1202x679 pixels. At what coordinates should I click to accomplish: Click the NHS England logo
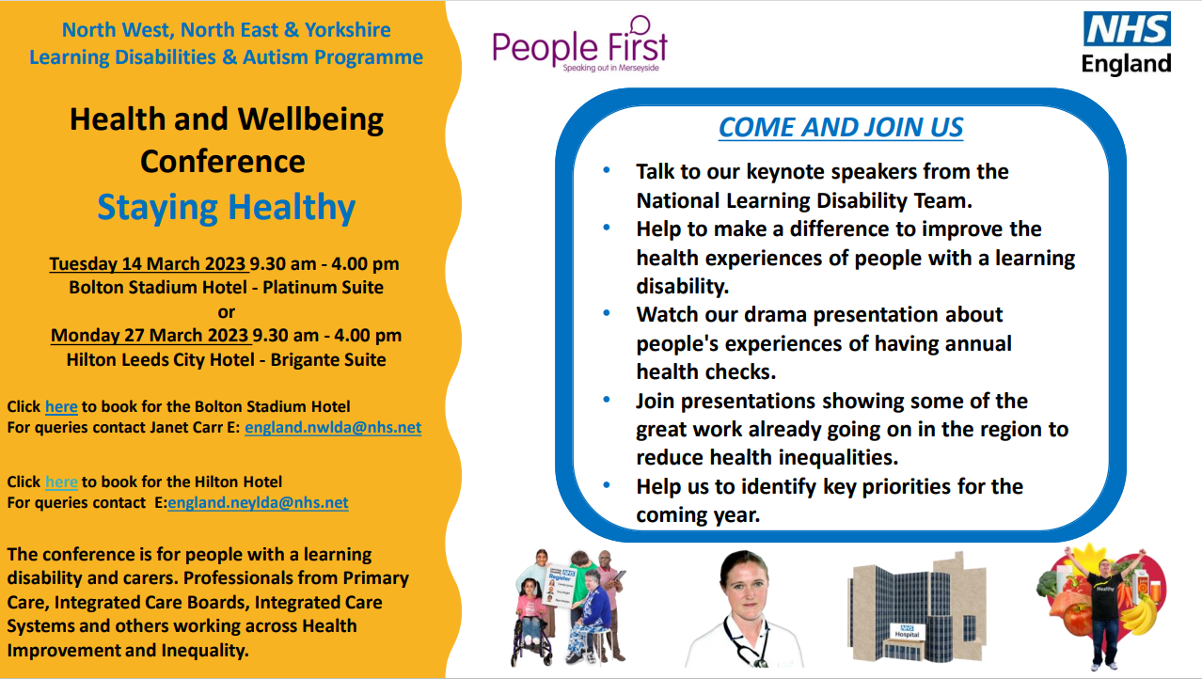coord(1127,43)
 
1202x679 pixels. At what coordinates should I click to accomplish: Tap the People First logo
coord(579,44)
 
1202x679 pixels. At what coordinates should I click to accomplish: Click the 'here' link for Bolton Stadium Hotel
coord(61,406)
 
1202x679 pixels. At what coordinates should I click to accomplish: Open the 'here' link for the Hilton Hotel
coord(61,482)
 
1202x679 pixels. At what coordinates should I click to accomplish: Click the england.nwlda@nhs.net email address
coord(333,427)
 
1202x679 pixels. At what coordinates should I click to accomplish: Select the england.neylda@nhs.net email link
coord(258,502)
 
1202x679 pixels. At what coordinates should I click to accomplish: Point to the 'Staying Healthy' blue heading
coord(226,207)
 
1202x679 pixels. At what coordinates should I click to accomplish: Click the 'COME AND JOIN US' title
coord(840,128)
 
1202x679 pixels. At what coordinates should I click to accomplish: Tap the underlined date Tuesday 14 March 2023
coord(148,263)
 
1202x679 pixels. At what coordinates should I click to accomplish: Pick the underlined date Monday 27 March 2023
coord(150,335)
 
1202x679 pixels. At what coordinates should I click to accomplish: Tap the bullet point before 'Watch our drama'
coord(607,313)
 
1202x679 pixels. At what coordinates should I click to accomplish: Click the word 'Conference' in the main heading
coord(223,161)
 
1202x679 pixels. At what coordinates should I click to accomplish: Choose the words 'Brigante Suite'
coord(328,359)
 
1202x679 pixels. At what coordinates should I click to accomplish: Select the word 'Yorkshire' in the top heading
coord(347,30)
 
